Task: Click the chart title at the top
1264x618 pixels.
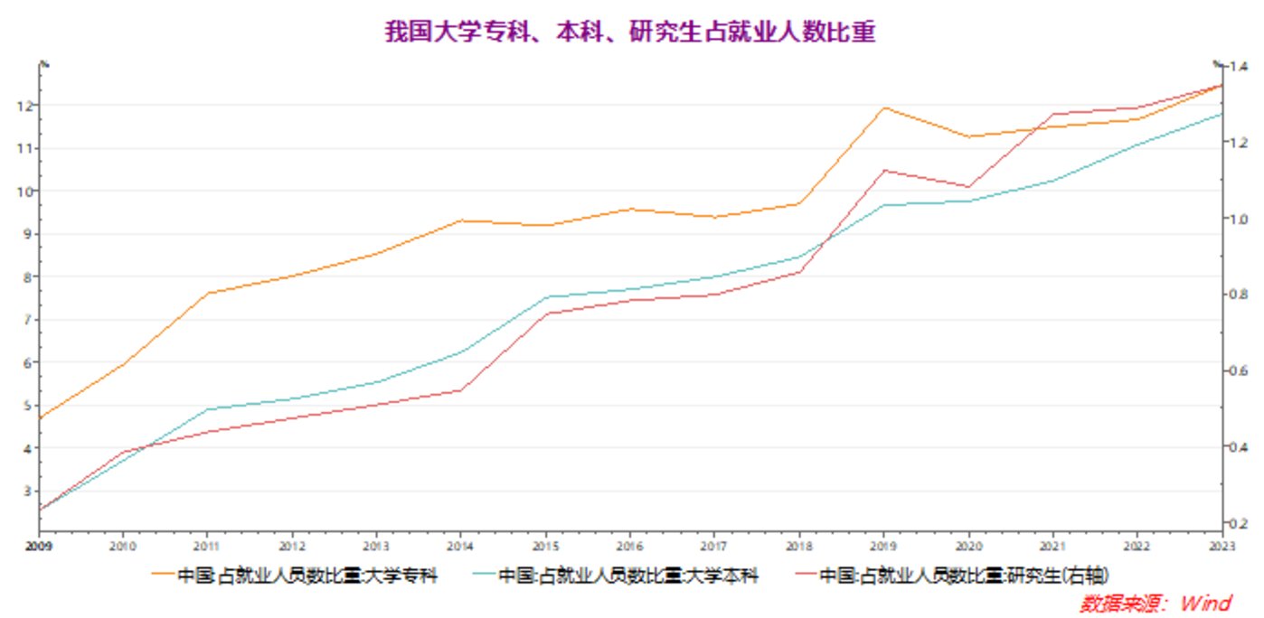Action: coord(631,33)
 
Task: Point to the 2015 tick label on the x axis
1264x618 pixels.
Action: coord(545,546)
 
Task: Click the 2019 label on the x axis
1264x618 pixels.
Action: coord(883,546)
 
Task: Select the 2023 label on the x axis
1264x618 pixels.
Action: coord(1222,546)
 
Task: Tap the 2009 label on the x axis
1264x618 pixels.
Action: coord(38,546)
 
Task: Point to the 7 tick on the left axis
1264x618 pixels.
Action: coord(27,320)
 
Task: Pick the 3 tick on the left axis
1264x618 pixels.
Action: coord(27,492)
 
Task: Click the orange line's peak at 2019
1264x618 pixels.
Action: coord(883,108)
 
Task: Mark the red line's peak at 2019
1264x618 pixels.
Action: coord(883,170)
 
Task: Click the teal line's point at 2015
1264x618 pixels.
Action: coord(545,296)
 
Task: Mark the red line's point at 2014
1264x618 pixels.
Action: coord(461,390)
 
